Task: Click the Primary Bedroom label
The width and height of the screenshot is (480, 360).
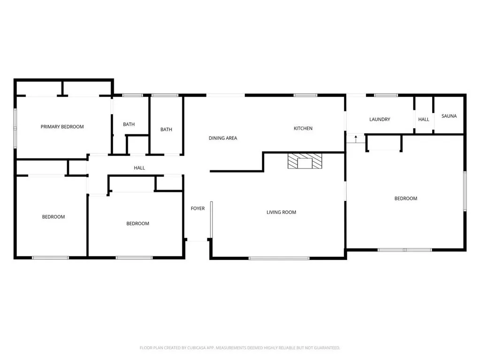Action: (62, 127)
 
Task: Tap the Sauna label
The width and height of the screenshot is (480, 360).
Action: (449, 116)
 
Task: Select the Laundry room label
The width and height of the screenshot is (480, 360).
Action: (380, 119)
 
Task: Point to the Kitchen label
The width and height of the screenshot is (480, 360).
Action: (303, 128)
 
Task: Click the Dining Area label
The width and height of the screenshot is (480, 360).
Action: (223, 138)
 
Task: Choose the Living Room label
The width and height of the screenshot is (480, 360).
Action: (281, 212)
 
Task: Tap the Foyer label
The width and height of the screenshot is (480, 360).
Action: (198, 208)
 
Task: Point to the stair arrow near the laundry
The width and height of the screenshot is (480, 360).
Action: (356, 138)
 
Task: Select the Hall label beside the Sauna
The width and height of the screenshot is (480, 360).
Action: (424, 119)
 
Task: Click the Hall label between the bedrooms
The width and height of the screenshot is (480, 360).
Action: (139, 168)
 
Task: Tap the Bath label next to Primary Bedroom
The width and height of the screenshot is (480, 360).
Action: (129, 124)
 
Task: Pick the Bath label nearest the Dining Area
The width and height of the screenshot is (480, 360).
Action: (166, 130)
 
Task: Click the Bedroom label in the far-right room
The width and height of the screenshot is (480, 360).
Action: (405, 199)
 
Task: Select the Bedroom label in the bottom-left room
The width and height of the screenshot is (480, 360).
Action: (53, 217)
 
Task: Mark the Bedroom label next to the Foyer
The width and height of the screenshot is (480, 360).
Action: (137, 223)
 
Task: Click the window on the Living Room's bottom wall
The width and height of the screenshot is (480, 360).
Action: (279, 258)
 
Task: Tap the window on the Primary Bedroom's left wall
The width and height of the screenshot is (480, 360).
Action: (15, 126)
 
